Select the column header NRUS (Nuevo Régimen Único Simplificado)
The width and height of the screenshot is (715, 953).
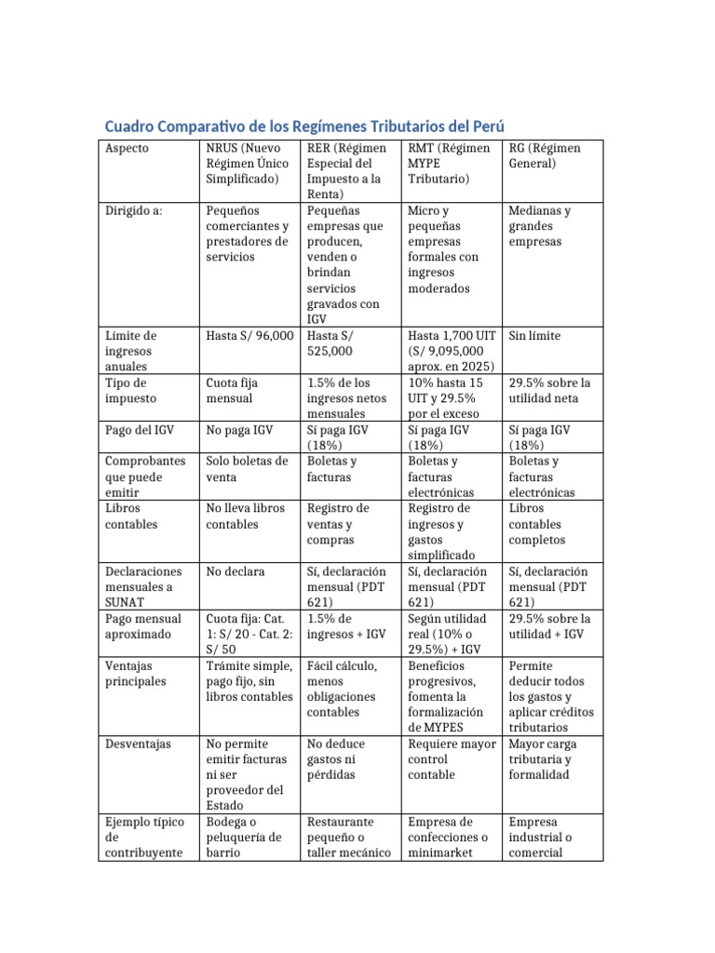point(247,163)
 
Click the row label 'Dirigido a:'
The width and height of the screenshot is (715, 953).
point(134,210)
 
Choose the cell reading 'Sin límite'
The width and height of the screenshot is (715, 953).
point(534,336)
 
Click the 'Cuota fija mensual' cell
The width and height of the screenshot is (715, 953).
point(233,390)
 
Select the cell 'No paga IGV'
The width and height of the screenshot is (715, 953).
point(239,430)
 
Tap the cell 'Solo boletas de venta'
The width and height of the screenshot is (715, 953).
point(247,469)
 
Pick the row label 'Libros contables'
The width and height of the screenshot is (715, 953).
point(131,516)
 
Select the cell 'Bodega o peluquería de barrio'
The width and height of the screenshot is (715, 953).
point(243,838)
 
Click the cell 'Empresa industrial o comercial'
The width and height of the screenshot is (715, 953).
point(541,838)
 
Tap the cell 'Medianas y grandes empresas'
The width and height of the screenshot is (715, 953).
point(540,225)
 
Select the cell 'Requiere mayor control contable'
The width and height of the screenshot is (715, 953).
point(452,759)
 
